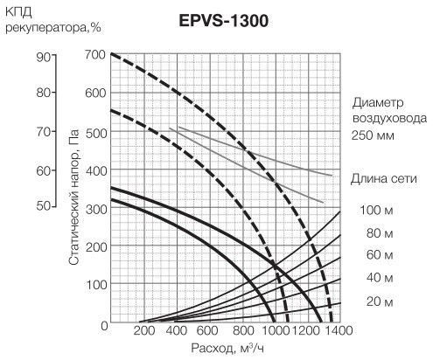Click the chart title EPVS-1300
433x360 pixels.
(x=224, y=21)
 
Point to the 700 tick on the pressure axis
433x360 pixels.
(x=95, y=54)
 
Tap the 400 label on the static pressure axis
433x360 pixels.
(x=95, y=170)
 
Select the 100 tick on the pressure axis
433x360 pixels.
(x=95, y=285)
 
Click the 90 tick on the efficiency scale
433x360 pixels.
(x=44, y=58)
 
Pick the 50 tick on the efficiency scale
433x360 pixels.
(x=44, y=206)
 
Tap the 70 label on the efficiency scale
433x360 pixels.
(x=44, y=132)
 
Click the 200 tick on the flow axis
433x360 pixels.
(x=144, y=331)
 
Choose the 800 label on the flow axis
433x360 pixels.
(x=243, y=331)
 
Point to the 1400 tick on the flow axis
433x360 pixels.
(x=339, y=331)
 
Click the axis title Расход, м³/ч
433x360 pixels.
(x=227, y=348)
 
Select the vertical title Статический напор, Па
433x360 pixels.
(x=74, y=197)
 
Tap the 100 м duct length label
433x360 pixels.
(x=376, y=210)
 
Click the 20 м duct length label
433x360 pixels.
(x=380, y=301)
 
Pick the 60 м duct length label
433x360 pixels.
(x=380, y=255)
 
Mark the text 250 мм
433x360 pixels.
(x=373, y=135)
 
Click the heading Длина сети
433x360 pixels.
(x=384, y=178)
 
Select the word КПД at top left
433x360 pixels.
(x=18, y=12)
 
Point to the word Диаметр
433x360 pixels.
(x=378, y=103)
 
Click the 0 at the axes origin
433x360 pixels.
(x=104, y=326)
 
